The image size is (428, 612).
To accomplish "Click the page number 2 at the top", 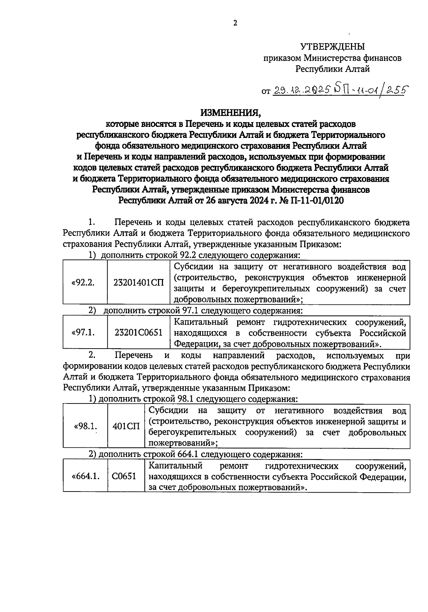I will pyautogui.click(x=235, y=24).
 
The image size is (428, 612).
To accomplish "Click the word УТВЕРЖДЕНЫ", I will pyautogui.click(x=332, y=47).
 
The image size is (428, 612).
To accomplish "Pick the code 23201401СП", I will pyautogui.click(x=139, y=283).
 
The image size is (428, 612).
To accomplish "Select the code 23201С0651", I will pyautogui.click(x=139, y=333).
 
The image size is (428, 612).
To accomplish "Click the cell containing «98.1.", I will pyautogui.click(x=86, y=426).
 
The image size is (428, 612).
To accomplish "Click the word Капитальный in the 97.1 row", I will pyautogui.click(x=201, y=323).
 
